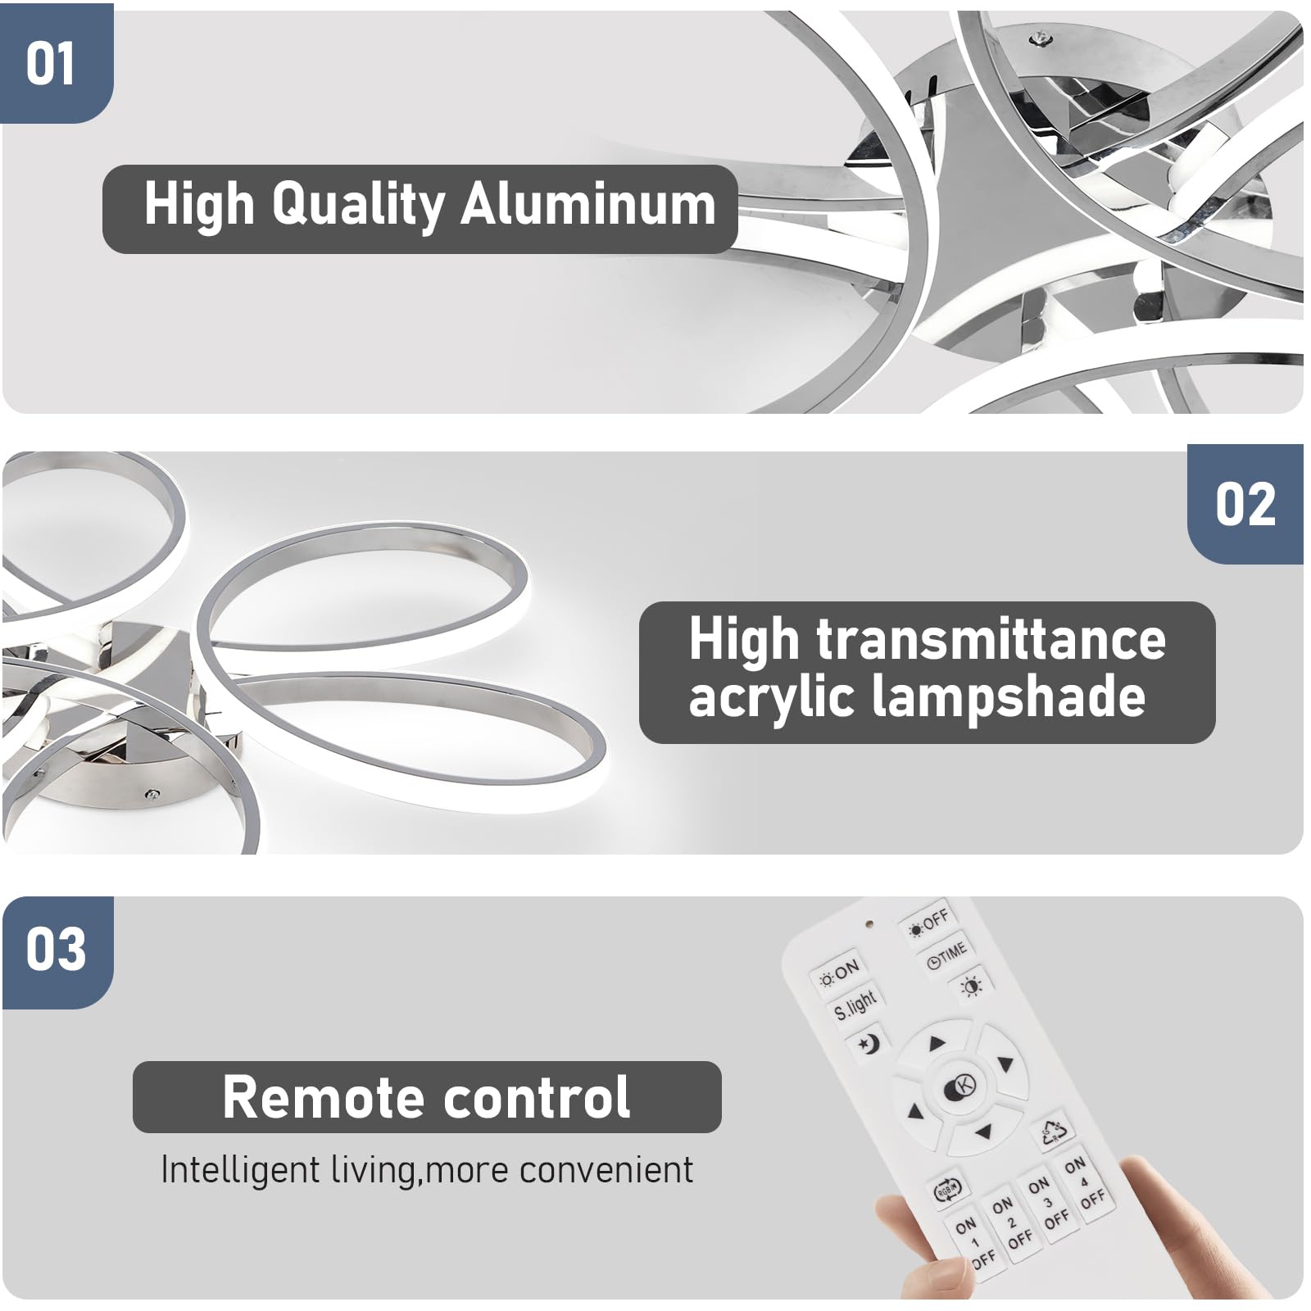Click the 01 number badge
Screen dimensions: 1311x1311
pos(51,64)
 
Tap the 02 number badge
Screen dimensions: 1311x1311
pos(1245,505)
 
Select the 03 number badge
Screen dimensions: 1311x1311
pos(56,950)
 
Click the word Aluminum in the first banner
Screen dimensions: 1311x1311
pos(587,206)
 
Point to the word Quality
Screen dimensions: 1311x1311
pos(358,206)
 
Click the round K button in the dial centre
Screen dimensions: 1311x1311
pos(960,1087)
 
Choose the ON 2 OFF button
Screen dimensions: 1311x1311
pos(1011,1223)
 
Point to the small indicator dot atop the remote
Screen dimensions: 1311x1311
pos(869,924)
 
